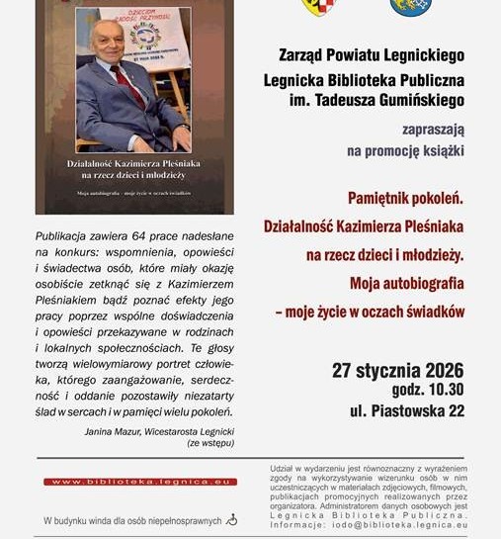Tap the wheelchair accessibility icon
click(231, 518)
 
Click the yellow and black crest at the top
click(318, 7)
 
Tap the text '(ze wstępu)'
click(209, 444)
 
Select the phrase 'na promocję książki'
click(405, 151)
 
